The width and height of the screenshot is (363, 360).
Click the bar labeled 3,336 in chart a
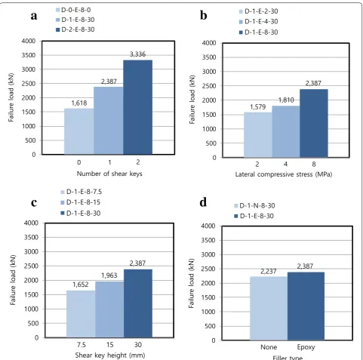click(137, 107)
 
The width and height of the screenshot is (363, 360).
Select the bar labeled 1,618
click(79, 131)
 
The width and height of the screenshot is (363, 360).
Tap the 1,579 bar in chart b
click(258, 135)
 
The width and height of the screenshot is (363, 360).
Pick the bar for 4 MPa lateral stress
click(286, 131)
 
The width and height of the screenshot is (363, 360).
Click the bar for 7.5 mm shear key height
click(81, 314)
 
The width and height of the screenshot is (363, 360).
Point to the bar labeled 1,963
click(109, 309)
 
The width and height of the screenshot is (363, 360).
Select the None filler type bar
click(269, 309)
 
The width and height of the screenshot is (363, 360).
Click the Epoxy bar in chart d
click(306, 306)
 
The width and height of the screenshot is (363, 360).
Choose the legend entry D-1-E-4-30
click(258, 22)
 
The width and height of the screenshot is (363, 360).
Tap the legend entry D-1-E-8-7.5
click(82, 192)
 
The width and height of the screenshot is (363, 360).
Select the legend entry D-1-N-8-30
click(254, 206)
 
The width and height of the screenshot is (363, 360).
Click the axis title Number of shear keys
click(109, 174)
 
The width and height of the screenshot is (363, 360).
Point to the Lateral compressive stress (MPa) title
click(284, 174)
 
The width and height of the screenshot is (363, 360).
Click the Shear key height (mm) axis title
click(110, 355)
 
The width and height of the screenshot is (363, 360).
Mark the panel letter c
click(34, 203)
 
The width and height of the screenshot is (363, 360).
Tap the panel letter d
click(203, 202)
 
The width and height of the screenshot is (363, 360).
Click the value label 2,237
click(269, 272)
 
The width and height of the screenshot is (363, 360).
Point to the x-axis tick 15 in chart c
click(109, 345)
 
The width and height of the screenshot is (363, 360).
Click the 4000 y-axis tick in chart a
click(29, 41)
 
